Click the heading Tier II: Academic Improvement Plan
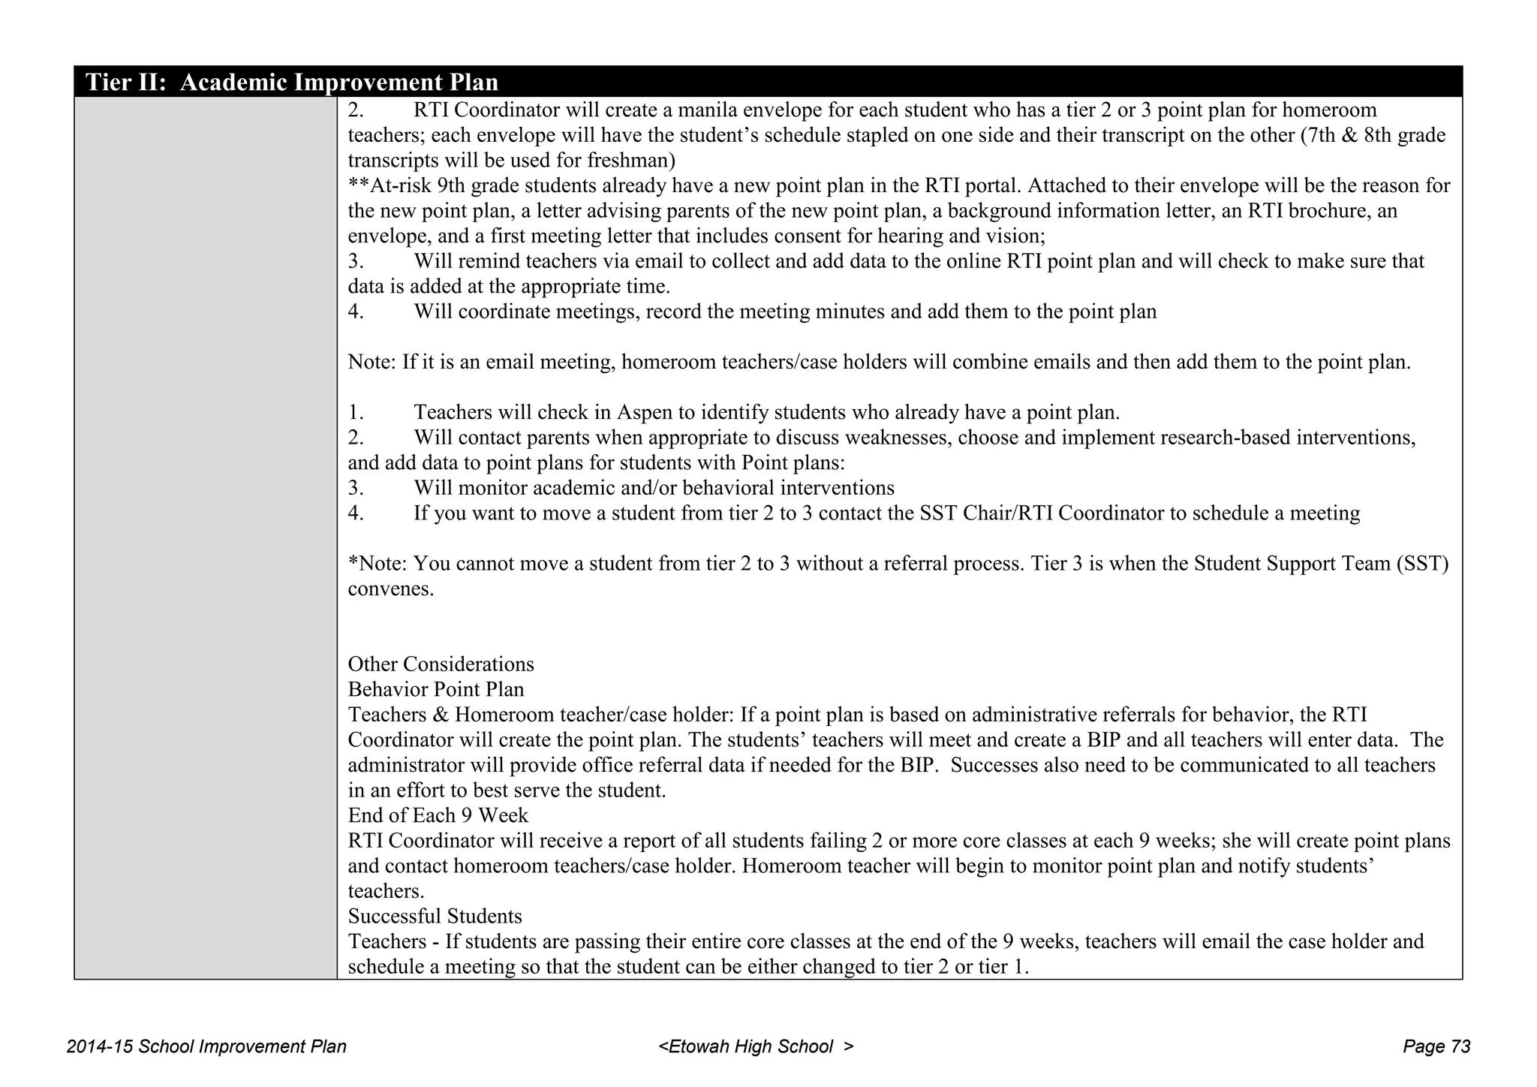tap(292, 82)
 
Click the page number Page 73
tap(1436, 1046)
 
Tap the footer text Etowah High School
tap(756, 1046)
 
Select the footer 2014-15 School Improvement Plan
tap(206, 1046)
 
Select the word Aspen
tap(646, 413)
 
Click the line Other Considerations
tap(441, 664)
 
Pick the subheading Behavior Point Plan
tap(436, 690)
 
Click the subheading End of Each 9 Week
tap(438, 816)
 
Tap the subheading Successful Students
tap(435, 917)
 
